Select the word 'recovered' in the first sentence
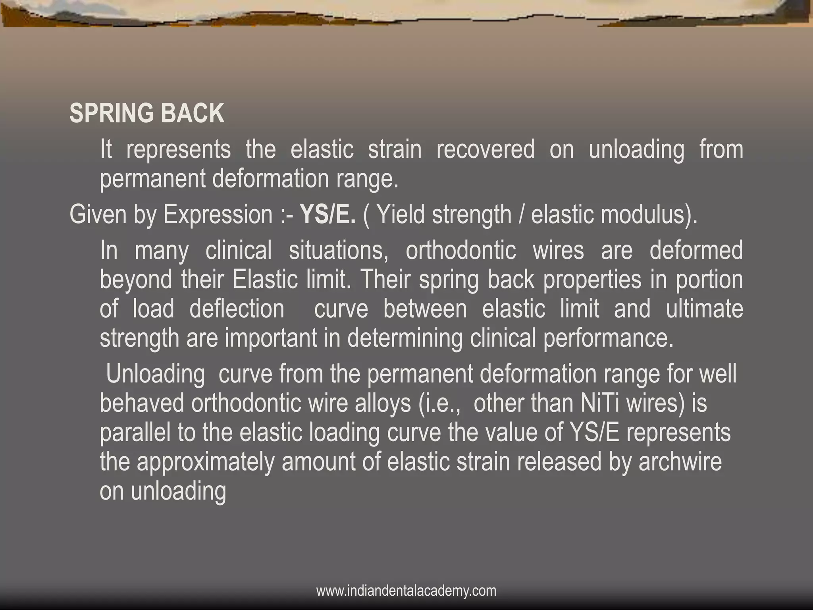coord(485,150)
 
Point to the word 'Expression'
coord(218,214)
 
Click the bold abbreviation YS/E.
coord(328,214)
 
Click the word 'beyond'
coord(136,280)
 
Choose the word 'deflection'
coord(237,309)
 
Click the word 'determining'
coord(405,338)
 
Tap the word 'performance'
coord(607,338)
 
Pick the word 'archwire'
coord(680,462)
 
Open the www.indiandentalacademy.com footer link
coord(406,591)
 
